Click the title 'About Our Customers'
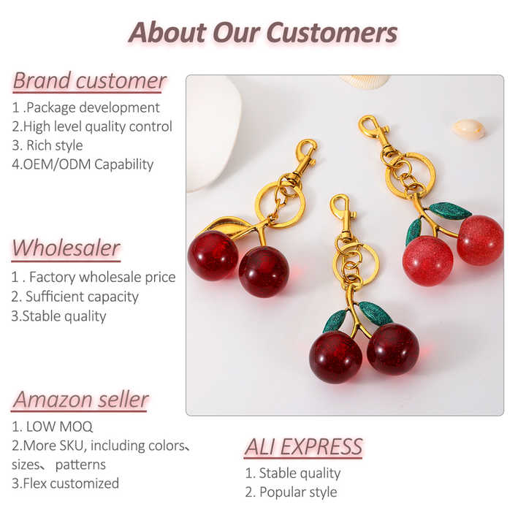coord(263,32)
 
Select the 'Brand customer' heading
coord(89,80)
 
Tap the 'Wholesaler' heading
coord(66,248)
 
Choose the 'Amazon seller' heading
coord(80,400)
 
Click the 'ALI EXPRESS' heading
coord(303,446)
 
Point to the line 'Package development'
coord(86,107)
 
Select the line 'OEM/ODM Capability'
coord(83,164)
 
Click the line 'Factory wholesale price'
coord(94,278)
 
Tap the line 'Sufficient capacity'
coord(75,297)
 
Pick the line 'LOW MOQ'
coord(53,427)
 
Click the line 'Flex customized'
coord(65,484)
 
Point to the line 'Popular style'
coord(291,492)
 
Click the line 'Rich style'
coord(47,145)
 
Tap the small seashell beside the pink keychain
coord(468,129)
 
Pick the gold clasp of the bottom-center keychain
coord(341,213)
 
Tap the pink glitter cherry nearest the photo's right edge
coord(480,240)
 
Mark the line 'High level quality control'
coord(92,126)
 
